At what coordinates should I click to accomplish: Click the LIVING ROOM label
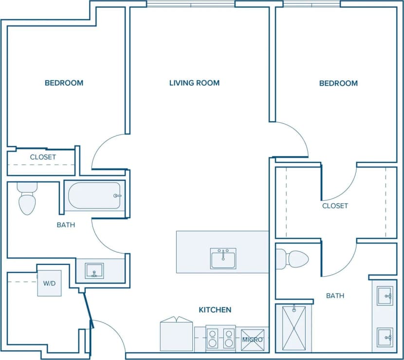tap(194, 83)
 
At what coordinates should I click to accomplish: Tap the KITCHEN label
tap(215, 310)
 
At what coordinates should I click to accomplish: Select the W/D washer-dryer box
tap(50, 283)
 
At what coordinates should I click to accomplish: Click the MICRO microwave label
tap(253, 339)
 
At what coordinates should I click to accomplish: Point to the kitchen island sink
tap(223, 258)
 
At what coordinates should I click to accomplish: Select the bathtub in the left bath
tap(94, 196)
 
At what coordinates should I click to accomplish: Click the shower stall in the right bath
tap(294, 327)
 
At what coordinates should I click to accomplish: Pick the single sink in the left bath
tap(94, 270)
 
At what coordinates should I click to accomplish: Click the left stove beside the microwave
tap(213, 338)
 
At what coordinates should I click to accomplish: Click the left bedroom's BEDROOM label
tap(64, 83)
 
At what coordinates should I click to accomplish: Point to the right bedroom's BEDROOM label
tap(338, 83)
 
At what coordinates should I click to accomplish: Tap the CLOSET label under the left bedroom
tap(43, 157)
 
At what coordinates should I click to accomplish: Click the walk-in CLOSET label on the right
tap(335, 206)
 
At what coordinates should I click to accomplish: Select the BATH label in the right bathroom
tap(335, 296)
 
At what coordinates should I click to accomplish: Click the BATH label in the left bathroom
tap(66, 225)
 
